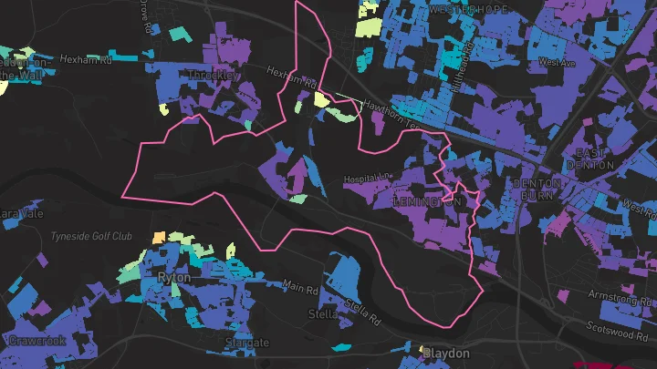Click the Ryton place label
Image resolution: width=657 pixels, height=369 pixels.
point(173,276)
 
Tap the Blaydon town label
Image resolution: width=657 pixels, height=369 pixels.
point(445,353)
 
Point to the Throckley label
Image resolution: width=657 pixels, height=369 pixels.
point(211,75)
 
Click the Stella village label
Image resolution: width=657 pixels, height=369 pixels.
point(323,314)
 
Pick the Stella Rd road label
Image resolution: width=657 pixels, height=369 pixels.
point(362,312)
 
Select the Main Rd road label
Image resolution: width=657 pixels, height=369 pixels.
point(298,287)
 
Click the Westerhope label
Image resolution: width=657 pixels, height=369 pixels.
point(468,8)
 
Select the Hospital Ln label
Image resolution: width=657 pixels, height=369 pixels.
point(367,178)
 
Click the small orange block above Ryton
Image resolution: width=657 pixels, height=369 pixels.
point(159,237)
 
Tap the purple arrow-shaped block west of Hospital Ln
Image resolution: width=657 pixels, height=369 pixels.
point(297,172)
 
